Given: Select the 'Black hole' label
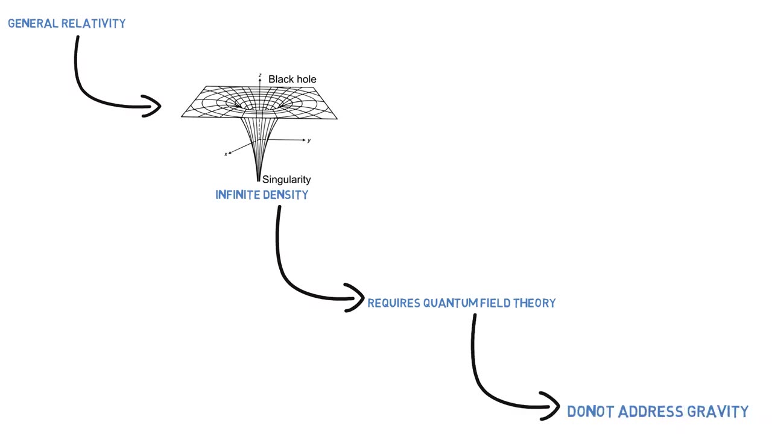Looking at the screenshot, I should pos(292,79).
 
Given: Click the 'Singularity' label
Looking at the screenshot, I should pos(286,180).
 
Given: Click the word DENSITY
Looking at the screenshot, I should pos(285,195).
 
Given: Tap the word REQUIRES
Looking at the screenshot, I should pos(394,303).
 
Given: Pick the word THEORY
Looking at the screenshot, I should pos(534,303).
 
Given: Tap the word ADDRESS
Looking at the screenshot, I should pos(648,412).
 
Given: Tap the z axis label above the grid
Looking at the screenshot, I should pos(260,76).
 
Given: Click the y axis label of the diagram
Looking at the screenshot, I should pos(309,140).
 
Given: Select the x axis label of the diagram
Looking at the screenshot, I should pos(226,154).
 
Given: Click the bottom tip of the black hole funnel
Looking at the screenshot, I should pos(259,180).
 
